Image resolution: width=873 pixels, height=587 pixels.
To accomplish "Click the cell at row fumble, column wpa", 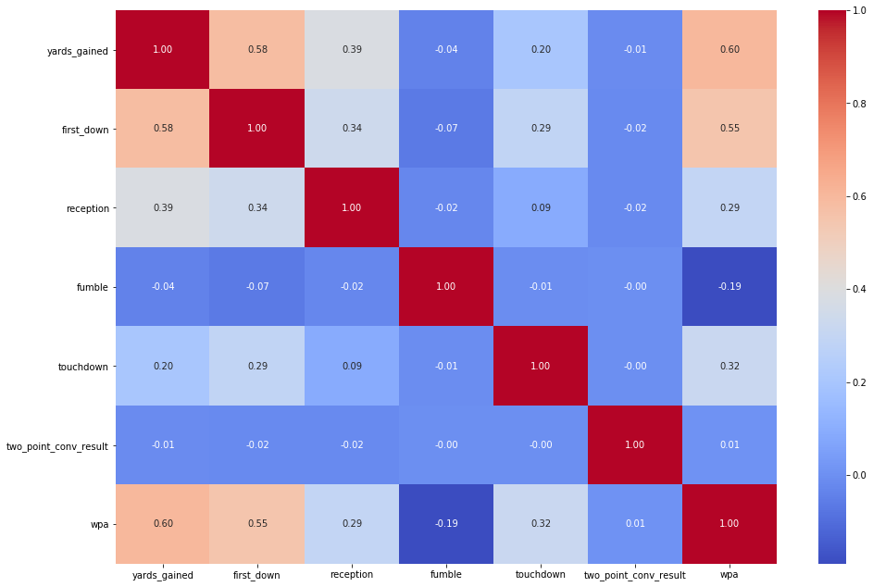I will pyautogui.click(x=730, y=287).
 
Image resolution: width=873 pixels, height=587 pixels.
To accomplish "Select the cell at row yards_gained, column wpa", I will pyautogui.click(x=730, y=50).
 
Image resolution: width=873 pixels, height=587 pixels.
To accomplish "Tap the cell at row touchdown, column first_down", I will pyautogui.click(x=257, y=366).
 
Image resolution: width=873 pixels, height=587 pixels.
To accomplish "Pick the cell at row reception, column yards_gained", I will pyautogui.click(x=163, y=208).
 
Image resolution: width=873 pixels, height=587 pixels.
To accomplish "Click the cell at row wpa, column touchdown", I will pyautogui.click(x=541, y=524).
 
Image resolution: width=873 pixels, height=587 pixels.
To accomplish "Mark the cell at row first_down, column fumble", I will pyautogui.click(x=446, y=129).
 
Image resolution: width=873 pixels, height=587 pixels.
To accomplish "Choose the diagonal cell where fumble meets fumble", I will pyautogui.click(x=446, y=287).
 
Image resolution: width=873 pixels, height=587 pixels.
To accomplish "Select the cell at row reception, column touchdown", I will pyautogui.click(x=541, y=208).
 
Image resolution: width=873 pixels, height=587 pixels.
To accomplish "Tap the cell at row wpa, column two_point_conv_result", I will pyautogui.click(x=635, y=524).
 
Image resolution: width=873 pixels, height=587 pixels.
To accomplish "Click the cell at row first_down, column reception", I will pyautogui.click(x=352, y=129).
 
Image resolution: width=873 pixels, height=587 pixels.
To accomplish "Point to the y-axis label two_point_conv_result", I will pyautogui.click(x=57, y=445).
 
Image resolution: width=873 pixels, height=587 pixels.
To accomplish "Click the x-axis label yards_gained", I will pyautogui.click(x=163, y=575).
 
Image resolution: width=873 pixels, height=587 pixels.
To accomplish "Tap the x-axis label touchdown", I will pyautogui.click(x=541, y=575).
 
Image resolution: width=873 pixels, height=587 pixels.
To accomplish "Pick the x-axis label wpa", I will pyautogui.click(x=730, y=575).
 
